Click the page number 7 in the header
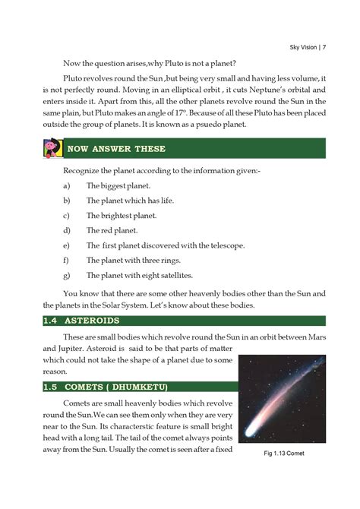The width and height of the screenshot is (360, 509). click(x=324, y=48)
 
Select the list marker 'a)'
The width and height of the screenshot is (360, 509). click(x=67, y=185)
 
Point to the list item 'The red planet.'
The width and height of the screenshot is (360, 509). click(x=112, y=230)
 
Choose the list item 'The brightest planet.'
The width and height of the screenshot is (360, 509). click(x=122, y=215)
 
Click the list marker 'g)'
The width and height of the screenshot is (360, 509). click(x=67, y=275)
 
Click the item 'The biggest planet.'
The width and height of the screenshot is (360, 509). click(x=118, y=185)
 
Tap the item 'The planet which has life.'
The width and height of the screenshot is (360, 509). click(x=128, y=201)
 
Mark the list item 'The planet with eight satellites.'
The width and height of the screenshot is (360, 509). click(x=140, y=275)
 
